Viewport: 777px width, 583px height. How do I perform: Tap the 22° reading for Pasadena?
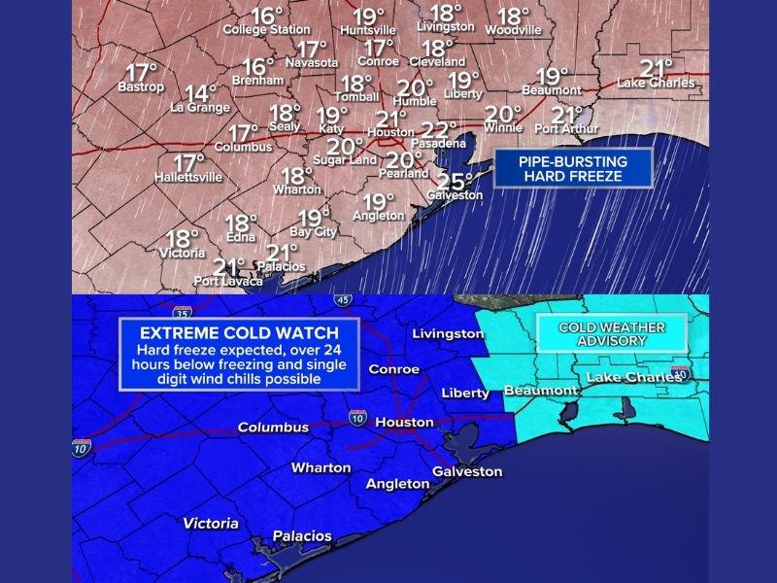click(440, 129)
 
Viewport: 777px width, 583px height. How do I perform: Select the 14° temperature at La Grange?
click(201, 93)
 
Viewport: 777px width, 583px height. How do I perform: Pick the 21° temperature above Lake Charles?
click(658, 67)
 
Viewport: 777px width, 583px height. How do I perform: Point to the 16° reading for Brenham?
click(258, 66)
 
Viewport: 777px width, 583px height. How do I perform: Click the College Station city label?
click(267, 30)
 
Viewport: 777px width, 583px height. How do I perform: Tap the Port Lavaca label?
click(228, 282)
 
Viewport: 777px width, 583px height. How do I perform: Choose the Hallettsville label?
click(188, 178)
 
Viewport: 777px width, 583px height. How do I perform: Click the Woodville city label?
click(513, 30)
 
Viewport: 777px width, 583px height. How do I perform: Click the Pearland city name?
click(406, 174)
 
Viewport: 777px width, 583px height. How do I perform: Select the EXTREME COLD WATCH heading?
click(238, 331)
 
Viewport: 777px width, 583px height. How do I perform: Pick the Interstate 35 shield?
click(182, 312)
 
